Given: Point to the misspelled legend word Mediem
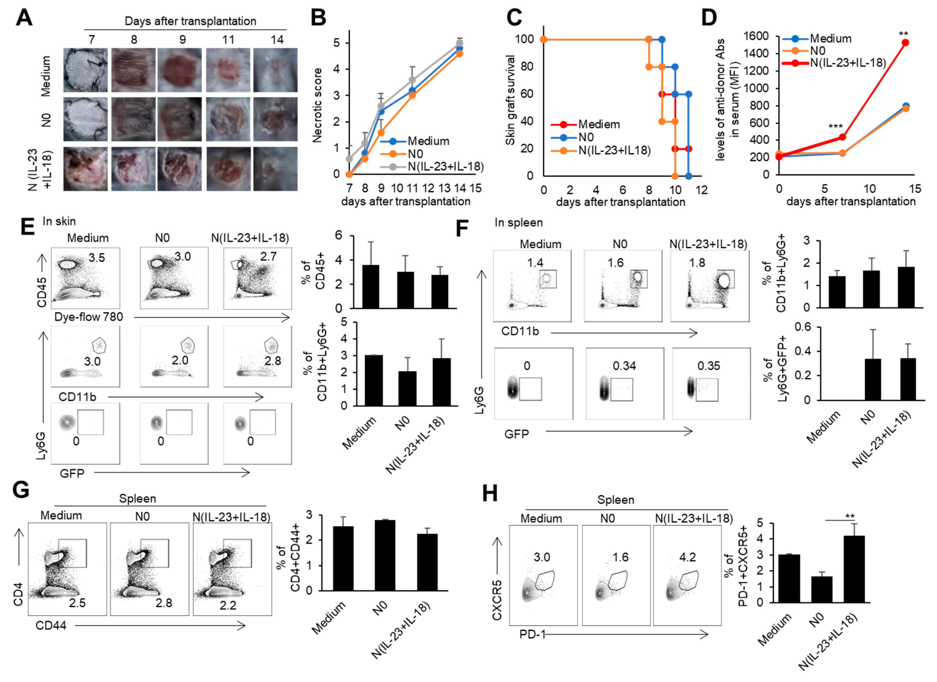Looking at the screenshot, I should coord(599,124).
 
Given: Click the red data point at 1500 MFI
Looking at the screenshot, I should coord(905,42).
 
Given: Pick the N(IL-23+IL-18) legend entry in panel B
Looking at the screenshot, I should coord(445,166).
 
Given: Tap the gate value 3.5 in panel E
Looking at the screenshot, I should coord(97,258).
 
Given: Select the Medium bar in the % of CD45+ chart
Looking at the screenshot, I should coord(370,286).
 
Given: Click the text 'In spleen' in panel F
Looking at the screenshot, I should coord(518,223).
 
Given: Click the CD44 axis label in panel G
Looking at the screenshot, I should coord(51,626).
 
